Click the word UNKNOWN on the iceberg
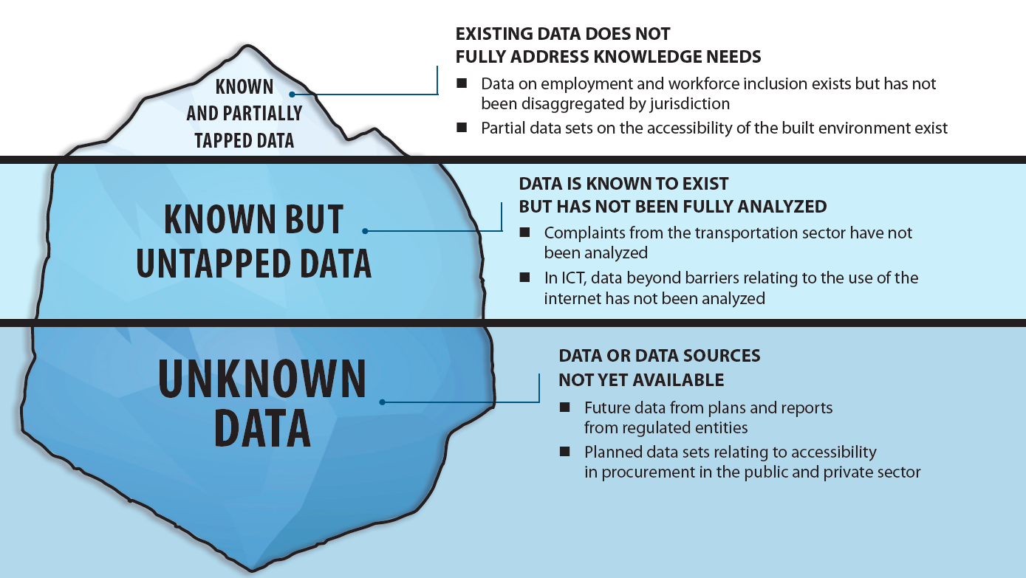262,379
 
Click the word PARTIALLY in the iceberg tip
244,114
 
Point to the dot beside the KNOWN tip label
293,94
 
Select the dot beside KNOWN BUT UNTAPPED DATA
365,231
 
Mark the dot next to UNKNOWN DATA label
382,402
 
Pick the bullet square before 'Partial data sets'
462,128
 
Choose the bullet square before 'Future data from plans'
565,407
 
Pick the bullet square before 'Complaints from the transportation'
525,233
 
